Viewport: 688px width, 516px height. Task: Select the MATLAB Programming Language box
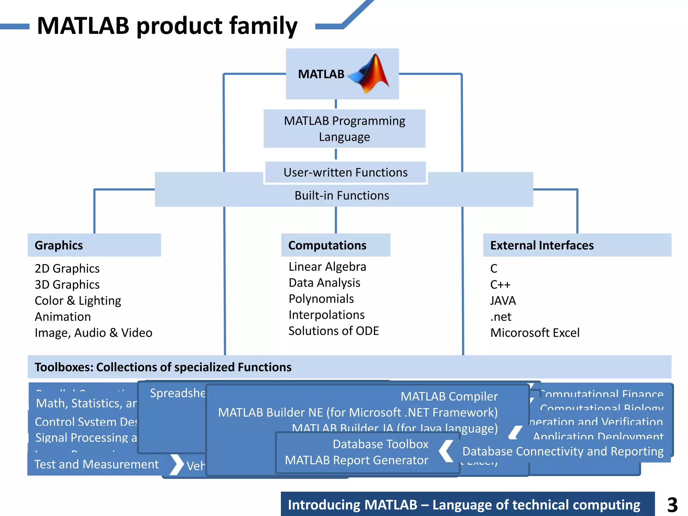(x=344, y=129)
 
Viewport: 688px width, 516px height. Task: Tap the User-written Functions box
(x=345, y=172)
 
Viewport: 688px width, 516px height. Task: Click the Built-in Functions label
(x=342, y=196)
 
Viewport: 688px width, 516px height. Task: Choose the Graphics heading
(x=59, y=245)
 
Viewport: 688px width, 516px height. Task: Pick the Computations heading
(x=327, y=245)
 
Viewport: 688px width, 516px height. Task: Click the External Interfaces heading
(x=542, y=245)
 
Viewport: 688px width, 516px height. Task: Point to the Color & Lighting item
(x=78, y=301)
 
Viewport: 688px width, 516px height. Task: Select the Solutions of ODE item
(x=334, y=331)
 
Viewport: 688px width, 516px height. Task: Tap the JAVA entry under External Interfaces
(x=503, y=301)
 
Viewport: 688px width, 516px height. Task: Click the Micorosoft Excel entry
(x=535, y=333)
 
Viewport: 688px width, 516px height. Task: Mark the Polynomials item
(x=321, y=299)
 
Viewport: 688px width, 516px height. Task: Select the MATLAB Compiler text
(x=449, y=396)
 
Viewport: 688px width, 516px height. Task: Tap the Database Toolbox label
(x=380, y=444)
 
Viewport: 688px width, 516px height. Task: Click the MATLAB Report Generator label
(x=356, y=460)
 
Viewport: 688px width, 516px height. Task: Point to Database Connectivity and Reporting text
(x=563, y=451)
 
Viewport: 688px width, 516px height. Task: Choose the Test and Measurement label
(x=96, y=464)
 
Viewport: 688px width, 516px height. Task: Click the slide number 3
(x=672, y=505)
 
